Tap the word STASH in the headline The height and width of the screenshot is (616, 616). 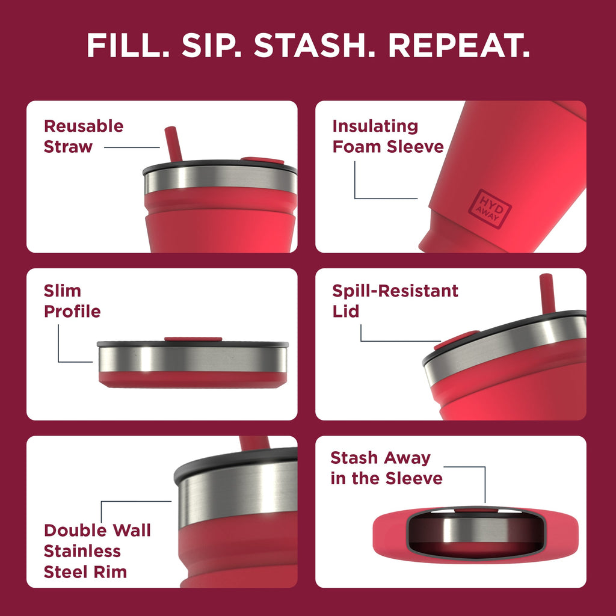[x=316, y=45]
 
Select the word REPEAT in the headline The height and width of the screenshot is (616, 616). [x=459, y=45]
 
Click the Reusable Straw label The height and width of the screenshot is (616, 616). [x=83, y=137]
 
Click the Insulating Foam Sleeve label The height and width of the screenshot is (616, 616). [x=387, y=137]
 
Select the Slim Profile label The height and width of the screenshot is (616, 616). [x=72, y=301]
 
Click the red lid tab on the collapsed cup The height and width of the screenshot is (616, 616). [x=193, y=339]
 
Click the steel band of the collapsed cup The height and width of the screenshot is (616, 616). [x=192, y=359]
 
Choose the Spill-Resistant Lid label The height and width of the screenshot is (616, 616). [x=395, y=301]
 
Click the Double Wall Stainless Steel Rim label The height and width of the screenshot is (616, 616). [x=97, y=550]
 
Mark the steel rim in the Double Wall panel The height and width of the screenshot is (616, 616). [x=241, y=493]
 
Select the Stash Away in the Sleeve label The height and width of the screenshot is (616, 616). [x=386, y=468]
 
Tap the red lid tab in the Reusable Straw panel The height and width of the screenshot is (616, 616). [x=262, y=161]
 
